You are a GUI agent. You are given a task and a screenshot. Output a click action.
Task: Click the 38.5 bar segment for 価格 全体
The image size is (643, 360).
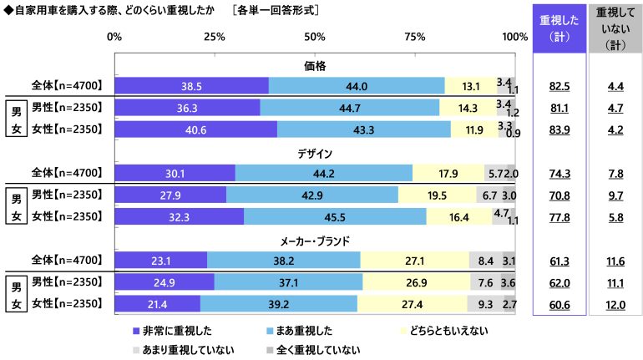tap(191, 85)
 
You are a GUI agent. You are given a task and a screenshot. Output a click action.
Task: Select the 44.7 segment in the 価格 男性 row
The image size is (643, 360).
tap(349, 108)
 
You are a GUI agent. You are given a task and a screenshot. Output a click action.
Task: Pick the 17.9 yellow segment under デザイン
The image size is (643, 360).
tap(448, 174)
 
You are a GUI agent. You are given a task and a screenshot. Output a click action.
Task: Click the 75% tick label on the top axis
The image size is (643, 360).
tap(415, 38)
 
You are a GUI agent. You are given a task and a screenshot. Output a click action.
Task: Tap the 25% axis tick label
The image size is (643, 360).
tap(215, 38)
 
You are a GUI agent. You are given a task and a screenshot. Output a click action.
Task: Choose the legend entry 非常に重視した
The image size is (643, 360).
tap(171, 331)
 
